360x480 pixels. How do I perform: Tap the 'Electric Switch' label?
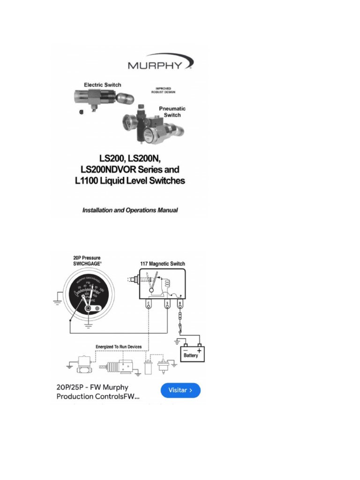click(x=102, y=85)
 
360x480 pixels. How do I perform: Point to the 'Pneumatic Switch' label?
click(x=172, y=112)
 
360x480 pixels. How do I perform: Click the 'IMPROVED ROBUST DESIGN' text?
click(x=163, y=90)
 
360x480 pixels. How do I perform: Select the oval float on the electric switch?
click(x=125, y=97)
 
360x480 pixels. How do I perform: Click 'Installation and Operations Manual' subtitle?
click(x=130, y=210)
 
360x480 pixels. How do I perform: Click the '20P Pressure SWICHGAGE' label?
click(x=87, y=261)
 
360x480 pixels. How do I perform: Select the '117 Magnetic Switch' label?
click(x=162, y=264)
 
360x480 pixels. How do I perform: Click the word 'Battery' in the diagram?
click(x=190, y=355)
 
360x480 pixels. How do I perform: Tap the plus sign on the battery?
click(x=199, y=350)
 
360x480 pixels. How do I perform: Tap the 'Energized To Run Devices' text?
click(x=119, y=347)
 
